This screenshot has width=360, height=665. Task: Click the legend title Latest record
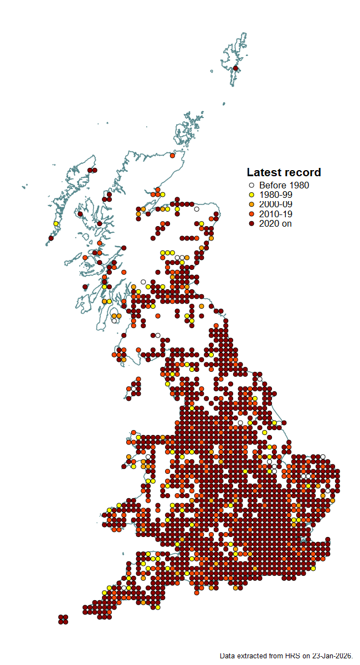coord(284,172)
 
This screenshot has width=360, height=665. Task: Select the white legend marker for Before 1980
coord(251,186)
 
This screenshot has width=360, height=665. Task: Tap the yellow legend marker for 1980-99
coord(251,195)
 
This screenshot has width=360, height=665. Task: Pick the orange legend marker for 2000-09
coord(251,204)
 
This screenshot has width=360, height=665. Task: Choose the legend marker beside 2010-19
coord(251,214)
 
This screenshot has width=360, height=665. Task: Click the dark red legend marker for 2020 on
coord(251,223)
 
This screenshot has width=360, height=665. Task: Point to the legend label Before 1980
coord(284,186)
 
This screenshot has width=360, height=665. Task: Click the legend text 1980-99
coord(275,195)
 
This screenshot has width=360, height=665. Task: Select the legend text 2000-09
coord(275,204)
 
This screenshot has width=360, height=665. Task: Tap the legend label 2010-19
coord(275,214)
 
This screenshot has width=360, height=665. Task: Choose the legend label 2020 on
coord(275,223)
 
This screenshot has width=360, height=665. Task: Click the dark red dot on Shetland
coord(235,68)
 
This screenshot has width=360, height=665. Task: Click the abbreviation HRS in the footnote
coord(292,656)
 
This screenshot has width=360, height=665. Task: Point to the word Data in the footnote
coord(227,656)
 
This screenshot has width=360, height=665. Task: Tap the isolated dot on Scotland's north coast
coord(172,156)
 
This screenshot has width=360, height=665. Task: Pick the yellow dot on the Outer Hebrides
coord(56,223)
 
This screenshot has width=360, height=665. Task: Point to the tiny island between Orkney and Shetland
coord(224,103)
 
